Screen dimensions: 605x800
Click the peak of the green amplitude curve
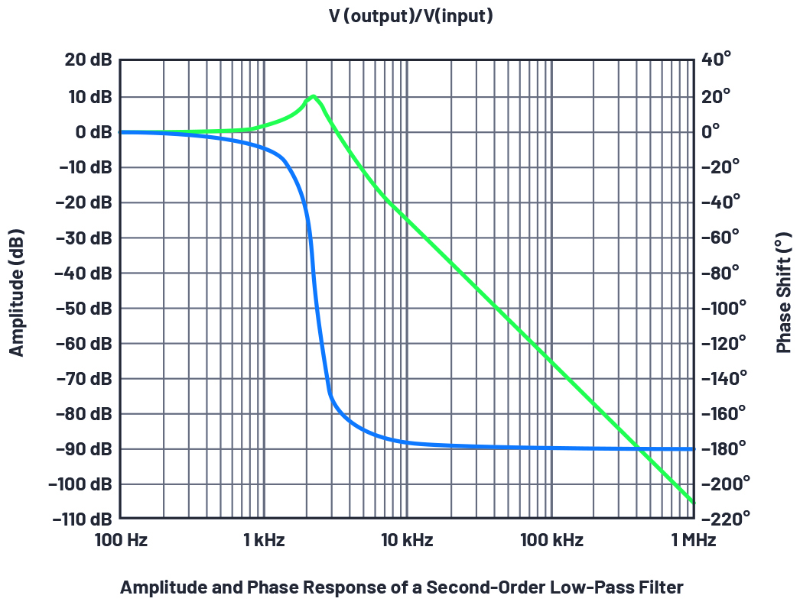313,96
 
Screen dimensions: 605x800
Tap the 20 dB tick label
87,60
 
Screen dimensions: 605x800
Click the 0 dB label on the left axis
93,131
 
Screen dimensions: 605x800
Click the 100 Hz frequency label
122,541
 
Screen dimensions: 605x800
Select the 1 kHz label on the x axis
264,541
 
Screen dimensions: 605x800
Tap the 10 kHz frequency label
407,541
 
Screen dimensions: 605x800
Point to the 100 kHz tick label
551,541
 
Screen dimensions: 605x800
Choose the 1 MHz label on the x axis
693,541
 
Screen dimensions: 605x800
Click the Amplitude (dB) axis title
17,293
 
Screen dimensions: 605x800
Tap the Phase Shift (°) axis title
783,293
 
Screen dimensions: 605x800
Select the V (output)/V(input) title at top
400,17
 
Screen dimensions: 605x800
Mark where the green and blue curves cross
637,448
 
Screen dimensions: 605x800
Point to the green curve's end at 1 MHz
693,502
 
